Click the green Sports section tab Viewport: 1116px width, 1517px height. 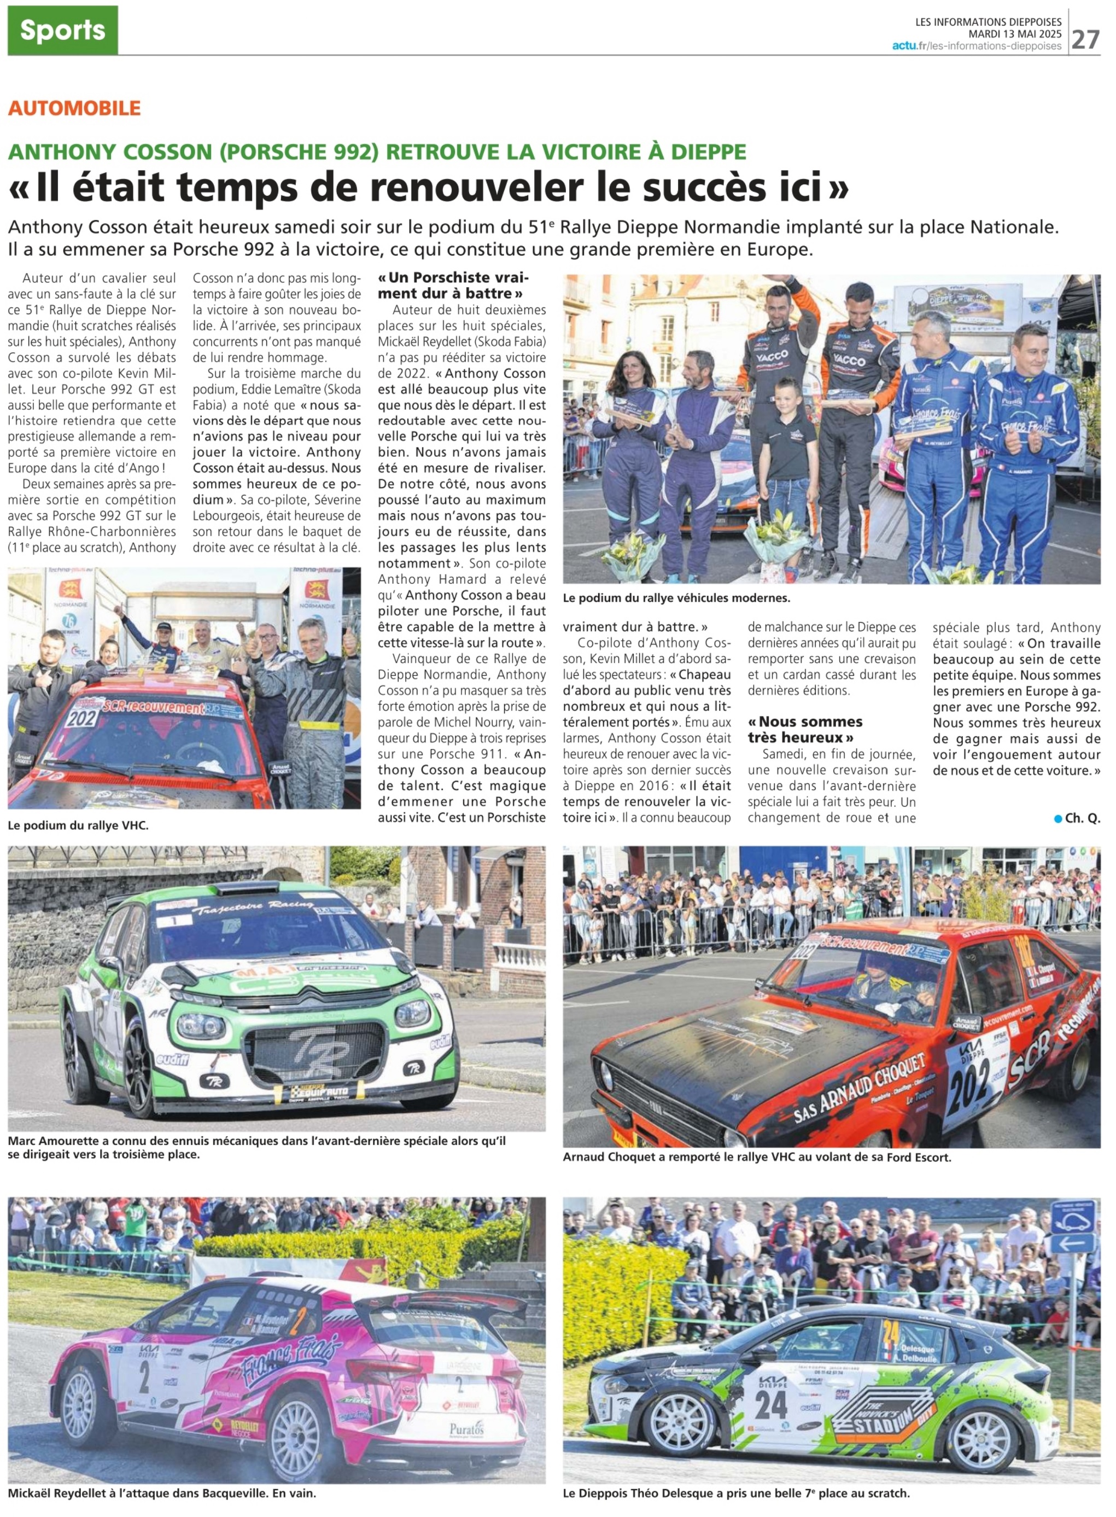pos(62,31)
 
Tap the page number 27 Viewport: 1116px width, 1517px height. pos(1085,39)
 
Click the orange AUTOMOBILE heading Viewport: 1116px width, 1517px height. pos(74,108)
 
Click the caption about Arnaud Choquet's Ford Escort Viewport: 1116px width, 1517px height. pos(757,1157)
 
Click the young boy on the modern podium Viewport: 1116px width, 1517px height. pos(788,460)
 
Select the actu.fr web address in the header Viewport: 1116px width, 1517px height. pos(976,46)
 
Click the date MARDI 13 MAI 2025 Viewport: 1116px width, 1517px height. pos(1015,34)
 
